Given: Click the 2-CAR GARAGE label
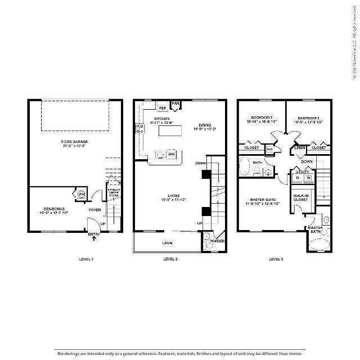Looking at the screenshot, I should click(x=75, y=142).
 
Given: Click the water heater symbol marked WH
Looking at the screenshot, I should click(x=80, y=194).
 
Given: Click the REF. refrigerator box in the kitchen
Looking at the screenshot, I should click(x=162, y=107).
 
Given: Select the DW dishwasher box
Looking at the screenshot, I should click(x=172, y=154).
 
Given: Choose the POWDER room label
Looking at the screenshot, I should click(x=217, y=241).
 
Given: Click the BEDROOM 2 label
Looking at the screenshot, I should click(x=259, y=118).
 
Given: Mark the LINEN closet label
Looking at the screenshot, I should click(x=300, y=147).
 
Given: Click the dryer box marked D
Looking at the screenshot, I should click(x=298, y=178).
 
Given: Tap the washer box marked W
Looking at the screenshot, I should click(x=308, y=178).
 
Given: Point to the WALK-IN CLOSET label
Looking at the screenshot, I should click(x=300, y=198).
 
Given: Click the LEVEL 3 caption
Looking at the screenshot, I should click(x=276, y=259).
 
